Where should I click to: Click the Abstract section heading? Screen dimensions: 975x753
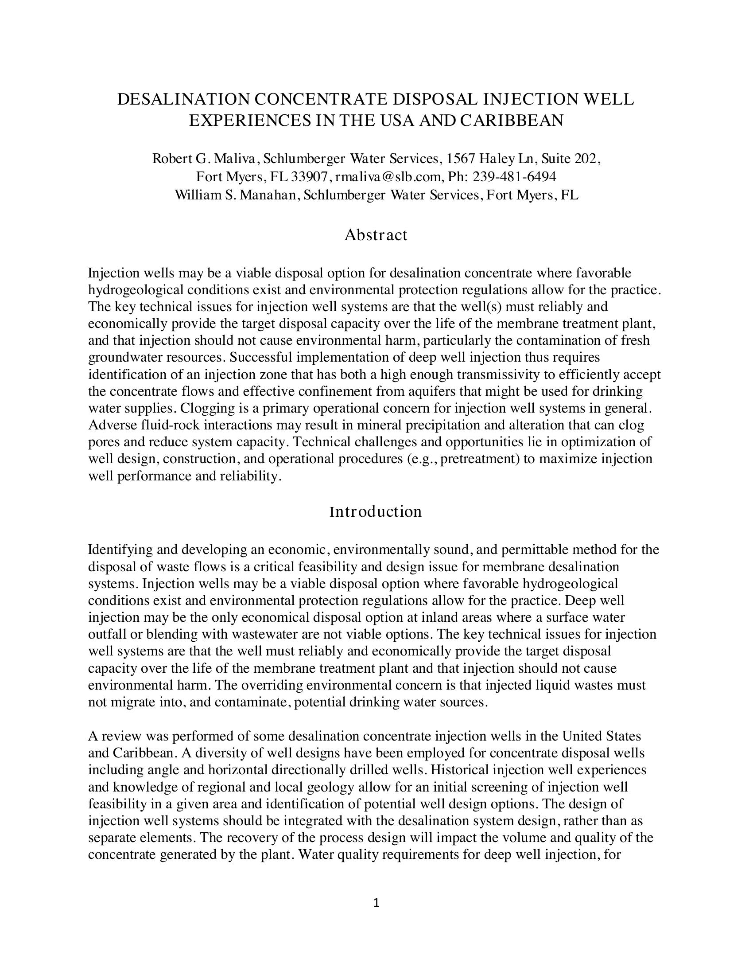point(376,235)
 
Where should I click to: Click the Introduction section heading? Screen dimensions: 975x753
point(376,511)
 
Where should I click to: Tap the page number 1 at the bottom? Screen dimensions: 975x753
point(376,903)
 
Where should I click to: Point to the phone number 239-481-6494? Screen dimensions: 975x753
point(514,177)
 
